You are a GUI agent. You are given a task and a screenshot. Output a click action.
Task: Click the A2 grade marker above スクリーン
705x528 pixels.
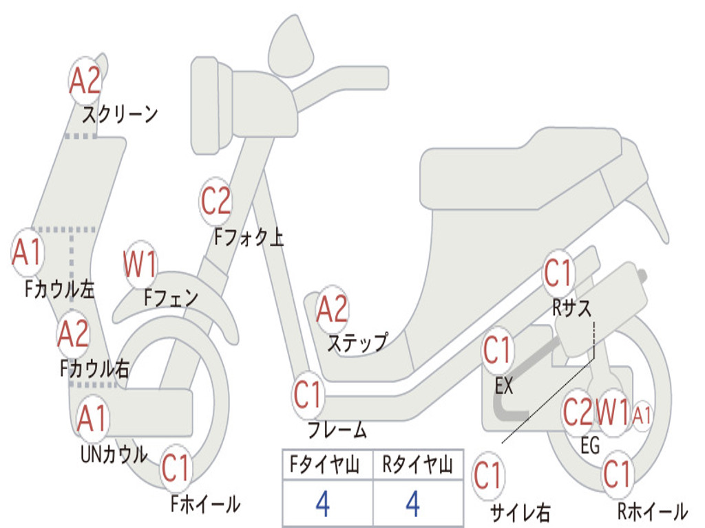tap(85, 81)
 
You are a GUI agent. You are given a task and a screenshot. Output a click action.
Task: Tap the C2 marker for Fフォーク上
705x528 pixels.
tap(215, 201)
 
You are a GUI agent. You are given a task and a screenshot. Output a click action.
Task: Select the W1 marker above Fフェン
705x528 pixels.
tap(140, 264)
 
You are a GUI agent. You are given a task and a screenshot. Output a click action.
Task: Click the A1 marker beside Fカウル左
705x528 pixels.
tap(28, 252)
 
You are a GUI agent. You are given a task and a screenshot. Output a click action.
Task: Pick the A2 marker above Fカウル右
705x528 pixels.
tap(73, 334)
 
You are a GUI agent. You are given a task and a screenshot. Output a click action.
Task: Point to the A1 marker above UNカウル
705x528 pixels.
tap(92, 418)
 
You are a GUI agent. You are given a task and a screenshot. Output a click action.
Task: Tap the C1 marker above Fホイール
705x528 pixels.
tap(176, 467)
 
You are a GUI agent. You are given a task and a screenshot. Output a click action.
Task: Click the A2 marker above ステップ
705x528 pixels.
tap(333, 309)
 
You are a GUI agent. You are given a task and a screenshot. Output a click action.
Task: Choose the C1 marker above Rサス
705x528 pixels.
tap(558, 273)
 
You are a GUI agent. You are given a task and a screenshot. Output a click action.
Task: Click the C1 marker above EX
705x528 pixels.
tap(497, 350)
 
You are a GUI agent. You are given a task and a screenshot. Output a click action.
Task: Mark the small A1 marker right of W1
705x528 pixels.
tap(642, 415)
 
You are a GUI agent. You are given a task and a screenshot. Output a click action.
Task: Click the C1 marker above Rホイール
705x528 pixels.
tap(618, 474)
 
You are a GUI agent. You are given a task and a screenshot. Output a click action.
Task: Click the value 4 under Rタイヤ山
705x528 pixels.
tap(413, 504)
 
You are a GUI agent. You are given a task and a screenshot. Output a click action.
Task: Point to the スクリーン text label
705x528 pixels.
tap(120, 114)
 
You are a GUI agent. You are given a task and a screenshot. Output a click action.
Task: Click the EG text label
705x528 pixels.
tap(590, 445)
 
